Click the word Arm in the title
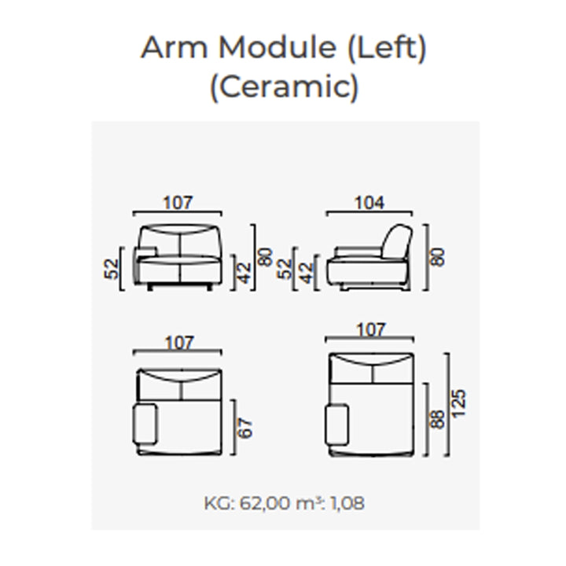(174, 47)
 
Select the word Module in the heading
(277, 47)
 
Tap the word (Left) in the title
(387, 48)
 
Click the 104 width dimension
(369, 203)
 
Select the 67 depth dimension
(245, 428)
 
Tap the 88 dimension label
(438, 419)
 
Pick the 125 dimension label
(459, 404)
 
